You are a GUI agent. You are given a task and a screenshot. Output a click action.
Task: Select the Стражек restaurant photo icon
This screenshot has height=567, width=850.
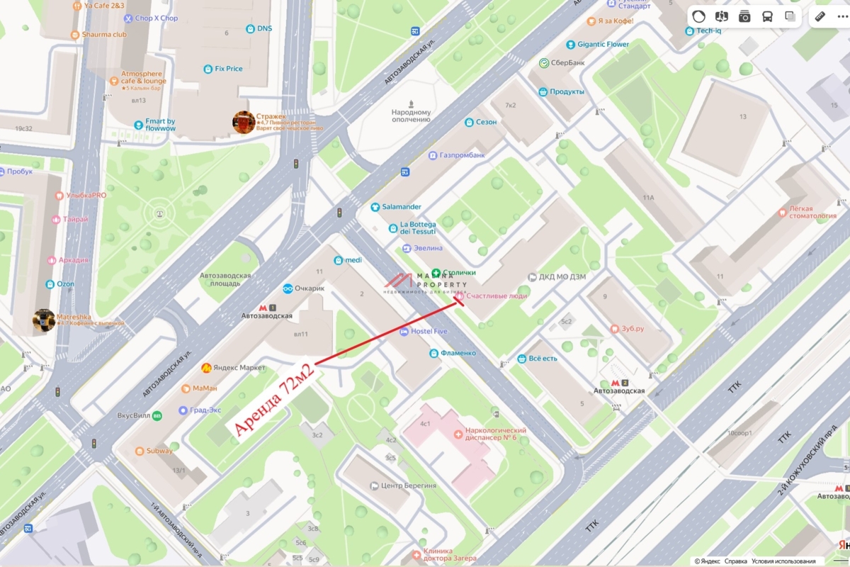(x=244, y=122)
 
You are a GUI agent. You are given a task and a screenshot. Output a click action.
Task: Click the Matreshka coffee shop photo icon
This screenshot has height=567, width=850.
(x=44, y=320)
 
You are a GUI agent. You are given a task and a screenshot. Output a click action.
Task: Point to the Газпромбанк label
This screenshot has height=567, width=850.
(x=461, y=155)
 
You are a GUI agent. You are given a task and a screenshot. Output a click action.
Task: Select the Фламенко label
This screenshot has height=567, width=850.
(x=457, y=353)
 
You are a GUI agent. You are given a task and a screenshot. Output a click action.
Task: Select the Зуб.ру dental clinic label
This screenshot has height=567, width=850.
(x=627, y=329)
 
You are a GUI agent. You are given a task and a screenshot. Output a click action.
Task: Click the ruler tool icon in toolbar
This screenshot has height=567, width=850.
(x=820, y=16)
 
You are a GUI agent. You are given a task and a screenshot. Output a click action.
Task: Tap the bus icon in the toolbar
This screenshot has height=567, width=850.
(x=767, y=16)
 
